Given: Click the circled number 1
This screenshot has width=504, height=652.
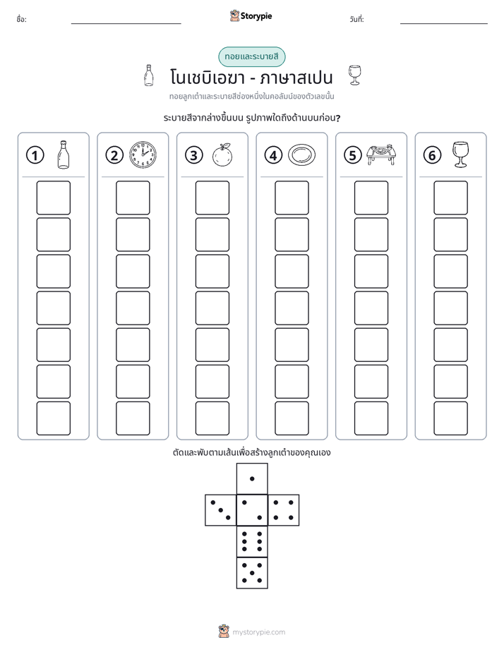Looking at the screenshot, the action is pyautogui.click(x=35, y=155).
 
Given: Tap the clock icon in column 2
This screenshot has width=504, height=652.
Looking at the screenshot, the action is pyautogui.click(x=143, y=155).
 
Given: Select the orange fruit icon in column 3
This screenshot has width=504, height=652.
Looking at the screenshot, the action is pyautogui.click(x=222, y=155).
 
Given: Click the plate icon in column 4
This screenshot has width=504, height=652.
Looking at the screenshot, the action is pyautogui.click(x=301, y=155).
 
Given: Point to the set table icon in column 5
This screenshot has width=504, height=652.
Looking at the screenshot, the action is pyautogui.click(x=381, y=155).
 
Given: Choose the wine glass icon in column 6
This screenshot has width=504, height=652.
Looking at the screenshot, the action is pyautogui.click(x=460, y=155).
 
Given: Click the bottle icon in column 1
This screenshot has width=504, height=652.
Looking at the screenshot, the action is pyautogui.click(x=64, y=155).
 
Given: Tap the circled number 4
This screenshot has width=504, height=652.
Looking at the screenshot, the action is pyautogui.click(x=273, y=155).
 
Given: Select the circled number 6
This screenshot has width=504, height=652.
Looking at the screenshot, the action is pyautogui.click(x=432, y=155).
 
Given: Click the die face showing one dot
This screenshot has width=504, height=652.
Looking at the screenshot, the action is pyautogui.click(x=252, y=478).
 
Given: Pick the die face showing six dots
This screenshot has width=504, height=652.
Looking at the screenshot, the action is pyautogui.click(x=252, y=541).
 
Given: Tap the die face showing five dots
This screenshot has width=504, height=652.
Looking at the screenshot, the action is pyautogui.click(x=252, y=573).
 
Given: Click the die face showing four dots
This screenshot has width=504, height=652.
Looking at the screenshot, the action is pyautogui.click(x=284, y=510).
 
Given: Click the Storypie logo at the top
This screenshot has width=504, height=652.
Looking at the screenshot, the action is pyautogui.click(x=251, y=16).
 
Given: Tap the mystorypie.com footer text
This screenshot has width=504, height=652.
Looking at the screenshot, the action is pyautogui.click(x=258, y=632).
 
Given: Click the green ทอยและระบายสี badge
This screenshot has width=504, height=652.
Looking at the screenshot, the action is pyautogui.click(x=252, y=56).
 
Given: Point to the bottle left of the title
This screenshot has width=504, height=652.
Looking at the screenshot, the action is pyautogui.click(x=148, y=76).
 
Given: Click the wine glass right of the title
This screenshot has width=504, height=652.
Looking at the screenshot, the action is pyautogui.click(x=355, y=76).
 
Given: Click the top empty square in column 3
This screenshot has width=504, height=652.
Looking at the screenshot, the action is pyautogui.click(x=212, y=198).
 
